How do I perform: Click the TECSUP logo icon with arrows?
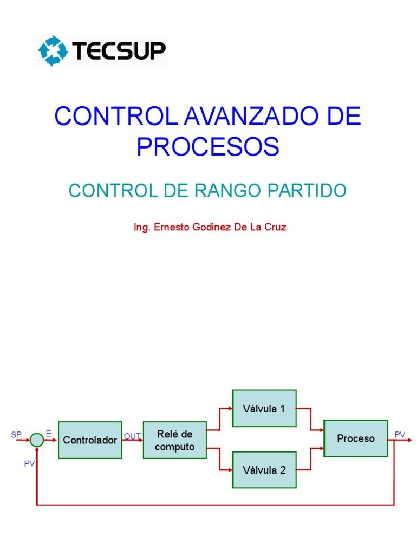pyautogui.click(x=52, y=51)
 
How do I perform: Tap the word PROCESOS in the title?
pyautogui.click(x=208, y=146)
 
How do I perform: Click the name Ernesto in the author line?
pyautogui.click(x=175, y=228)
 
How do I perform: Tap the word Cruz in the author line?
pyautogui.click(x=274, y=228)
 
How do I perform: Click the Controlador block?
pyautogui.click(x=90, y=440)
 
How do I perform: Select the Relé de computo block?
pyautogui.click(x=174, y=440)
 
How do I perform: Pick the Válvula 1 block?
pyautogui.click(x=264, y=409)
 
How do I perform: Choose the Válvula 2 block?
pyautogui.click(x=264, y=470)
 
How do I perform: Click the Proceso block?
pyautogui.click(x=355, y=438)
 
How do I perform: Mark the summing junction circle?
pyautogui.click(x=36, y=440)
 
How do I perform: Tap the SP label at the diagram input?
pyautogui.click(x=16, y=435)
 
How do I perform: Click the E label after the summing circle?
pyautogui.click(x=49, y=434)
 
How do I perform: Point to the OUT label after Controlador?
pyautogui.click(x=132, y=436)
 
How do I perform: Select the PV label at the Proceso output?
pyautogui.click(x=400, y=435)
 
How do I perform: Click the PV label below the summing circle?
pyautogui.click(x=29, y=464)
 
